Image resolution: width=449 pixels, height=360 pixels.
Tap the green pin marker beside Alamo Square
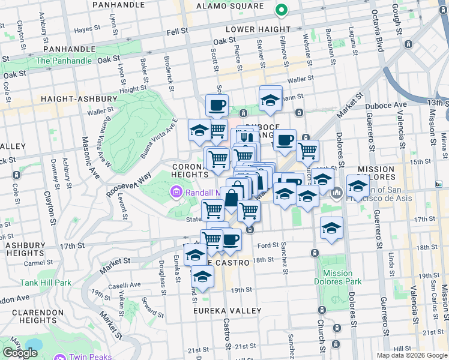pos(280,10)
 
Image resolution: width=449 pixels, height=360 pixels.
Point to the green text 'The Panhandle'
pos(64,61)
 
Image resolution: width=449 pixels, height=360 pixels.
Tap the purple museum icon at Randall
pos(176,193)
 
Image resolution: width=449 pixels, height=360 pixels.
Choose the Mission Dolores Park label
pos(337,277)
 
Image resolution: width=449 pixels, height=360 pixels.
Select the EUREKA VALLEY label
pos(227,311)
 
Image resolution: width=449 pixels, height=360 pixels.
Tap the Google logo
pos(20,353)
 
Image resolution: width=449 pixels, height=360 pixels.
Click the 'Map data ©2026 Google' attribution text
pos(411,355)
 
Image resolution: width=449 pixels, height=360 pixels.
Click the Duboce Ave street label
pos(386,104)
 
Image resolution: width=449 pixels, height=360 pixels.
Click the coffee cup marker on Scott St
pos(217,106)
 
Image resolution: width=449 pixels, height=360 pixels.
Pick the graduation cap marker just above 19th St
pos(202,277)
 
